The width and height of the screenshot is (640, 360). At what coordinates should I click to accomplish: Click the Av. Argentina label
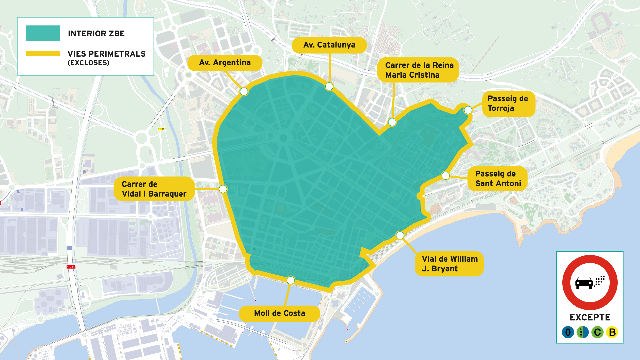click(x=225, y=63)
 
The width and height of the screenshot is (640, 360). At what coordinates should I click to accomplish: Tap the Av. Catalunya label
click(x=329, y=45)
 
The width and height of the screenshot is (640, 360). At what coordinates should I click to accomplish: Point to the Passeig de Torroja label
click(x=508, y=103)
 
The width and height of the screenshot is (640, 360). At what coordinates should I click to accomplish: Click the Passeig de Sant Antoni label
click(x=497, y=179)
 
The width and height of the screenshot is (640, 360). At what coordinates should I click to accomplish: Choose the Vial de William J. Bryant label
click(x=449, y=264)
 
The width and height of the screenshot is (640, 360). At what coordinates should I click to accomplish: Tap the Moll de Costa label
click(x=279, y=313)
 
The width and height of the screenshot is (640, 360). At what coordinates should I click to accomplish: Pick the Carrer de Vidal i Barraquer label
click(x=154, y=189)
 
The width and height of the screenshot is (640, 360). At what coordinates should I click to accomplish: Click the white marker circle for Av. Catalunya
click(x=329, y=87)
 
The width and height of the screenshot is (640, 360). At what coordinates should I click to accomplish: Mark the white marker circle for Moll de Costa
click(x=291, y=280)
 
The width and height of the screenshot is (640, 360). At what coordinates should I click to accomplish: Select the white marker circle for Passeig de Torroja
click(x=468, y=110)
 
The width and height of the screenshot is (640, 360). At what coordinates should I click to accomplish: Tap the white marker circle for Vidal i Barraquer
click(x=223, y=189)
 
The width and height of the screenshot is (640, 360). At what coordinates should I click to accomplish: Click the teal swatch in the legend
click(x=43, y=33)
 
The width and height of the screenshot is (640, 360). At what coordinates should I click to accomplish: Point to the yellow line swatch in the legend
click(x=43, y=53)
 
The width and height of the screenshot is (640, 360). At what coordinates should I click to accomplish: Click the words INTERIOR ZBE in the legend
click(x=96, y=34)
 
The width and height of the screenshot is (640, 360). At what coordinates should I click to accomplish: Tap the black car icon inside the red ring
click(x=584, y=283)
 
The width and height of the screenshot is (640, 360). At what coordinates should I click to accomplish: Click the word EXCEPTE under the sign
click(x=590, y=317)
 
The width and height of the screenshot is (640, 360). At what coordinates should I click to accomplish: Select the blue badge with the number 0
click(x=568, y=332)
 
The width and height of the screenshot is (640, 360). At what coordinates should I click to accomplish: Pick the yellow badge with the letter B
click(x=612, y=332)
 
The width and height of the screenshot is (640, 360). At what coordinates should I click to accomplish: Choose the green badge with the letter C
click(x=597, y=332)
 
